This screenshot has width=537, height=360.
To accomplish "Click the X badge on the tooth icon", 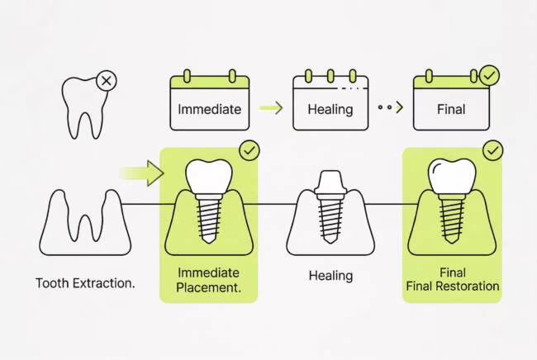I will pos(106,82).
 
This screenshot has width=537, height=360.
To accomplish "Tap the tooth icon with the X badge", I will pos(83,107).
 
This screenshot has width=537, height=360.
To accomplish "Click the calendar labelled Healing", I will pos(330,103).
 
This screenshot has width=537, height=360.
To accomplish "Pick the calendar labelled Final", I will pos(451,103).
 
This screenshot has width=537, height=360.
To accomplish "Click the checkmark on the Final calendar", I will pos(490,76).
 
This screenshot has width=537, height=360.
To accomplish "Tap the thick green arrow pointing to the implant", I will pos(143,173).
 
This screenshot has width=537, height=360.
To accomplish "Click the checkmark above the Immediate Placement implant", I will pos(249,150).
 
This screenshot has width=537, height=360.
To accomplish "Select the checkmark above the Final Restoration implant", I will pos(493,150).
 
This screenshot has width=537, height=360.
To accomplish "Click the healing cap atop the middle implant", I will pos(330,183).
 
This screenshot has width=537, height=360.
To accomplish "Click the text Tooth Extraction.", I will pos(86,283).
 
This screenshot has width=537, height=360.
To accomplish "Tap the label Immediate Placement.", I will pos(208,280).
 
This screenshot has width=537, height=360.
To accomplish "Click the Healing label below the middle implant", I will pos(330,275).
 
